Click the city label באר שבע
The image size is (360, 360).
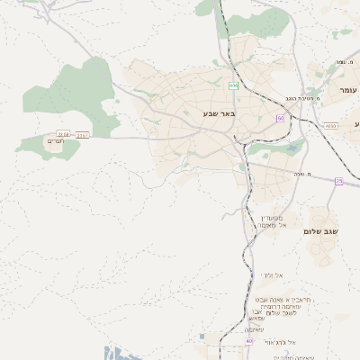tap(218, 113)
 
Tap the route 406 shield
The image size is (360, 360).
tap(234, 86)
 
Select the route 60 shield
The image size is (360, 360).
tap(281, 118)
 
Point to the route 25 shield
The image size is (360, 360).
tap(338, 181)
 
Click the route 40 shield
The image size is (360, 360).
tap(249, 342)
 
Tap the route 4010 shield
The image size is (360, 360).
tap(332, 126)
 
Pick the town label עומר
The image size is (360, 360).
tap(348, 91)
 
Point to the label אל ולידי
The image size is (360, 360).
tap(273, 274)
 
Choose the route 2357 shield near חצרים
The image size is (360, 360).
tap(84, 135)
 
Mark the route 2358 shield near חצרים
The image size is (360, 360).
tap(62, 134)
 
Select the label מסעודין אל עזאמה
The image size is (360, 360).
tap(272, 221)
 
